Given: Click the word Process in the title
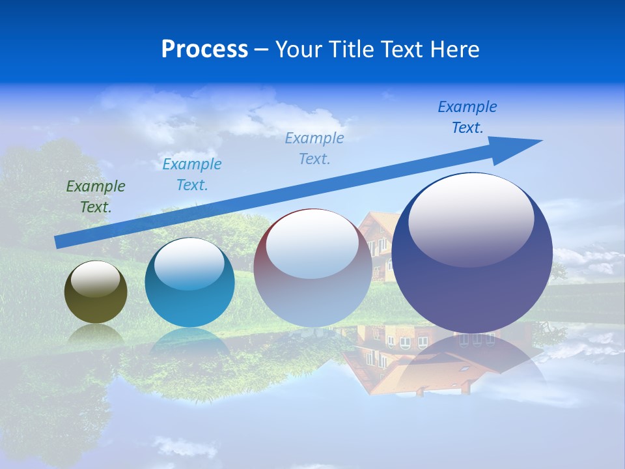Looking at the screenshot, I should [204, 50].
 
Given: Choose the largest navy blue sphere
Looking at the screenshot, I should [472, 287].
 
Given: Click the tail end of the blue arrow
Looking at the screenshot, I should [60, 242].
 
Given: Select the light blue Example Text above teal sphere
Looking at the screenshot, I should [191, 175].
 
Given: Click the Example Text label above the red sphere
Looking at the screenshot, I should [314, 148].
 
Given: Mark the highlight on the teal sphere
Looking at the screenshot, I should [189, 264].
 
